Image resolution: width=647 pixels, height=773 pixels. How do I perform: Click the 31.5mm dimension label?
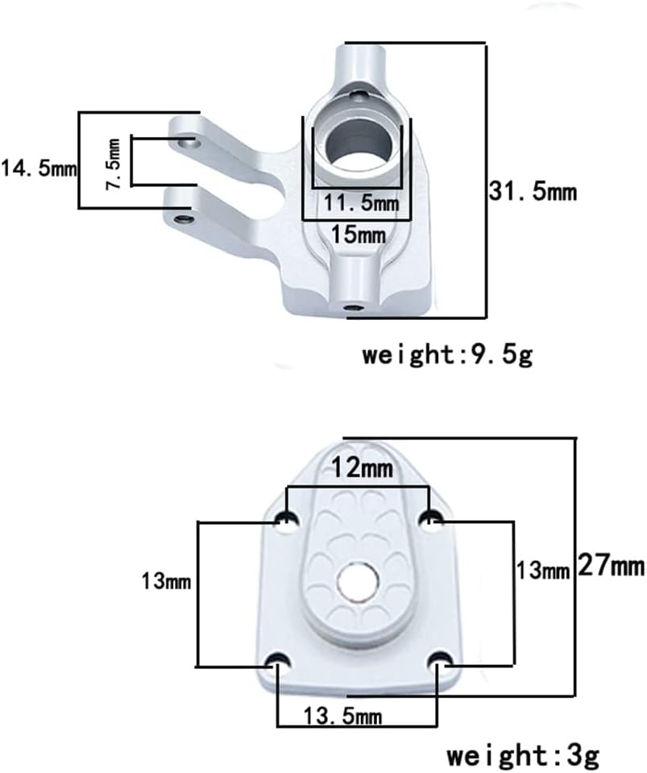533,191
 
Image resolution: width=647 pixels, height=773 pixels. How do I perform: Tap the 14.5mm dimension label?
39,168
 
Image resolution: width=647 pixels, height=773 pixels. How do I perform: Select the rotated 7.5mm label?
114,164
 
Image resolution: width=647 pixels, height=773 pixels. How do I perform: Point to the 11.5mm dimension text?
361,202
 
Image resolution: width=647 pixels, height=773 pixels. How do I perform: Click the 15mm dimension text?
359,235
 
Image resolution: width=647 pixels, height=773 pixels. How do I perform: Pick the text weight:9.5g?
447,355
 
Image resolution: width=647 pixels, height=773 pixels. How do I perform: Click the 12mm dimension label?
363,468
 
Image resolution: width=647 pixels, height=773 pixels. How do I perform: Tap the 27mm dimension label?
611,565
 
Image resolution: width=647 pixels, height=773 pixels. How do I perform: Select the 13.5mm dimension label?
342,716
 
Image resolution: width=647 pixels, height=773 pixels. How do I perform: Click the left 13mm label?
166,581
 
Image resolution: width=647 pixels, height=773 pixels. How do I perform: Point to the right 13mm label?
542,571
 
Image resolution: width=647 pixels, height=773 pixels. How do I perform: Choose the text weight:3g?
523,756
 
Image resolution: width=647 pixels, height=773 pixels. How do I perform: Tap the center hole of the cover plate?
359,579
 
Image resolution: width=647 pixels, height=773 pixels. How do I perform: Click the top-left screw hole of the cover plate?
287,520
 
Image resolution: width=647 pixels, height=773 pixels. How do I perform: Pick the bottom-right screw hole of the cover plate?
440,661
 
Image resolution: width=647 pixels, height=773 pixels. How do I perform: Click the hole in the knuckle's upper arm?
189,143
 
